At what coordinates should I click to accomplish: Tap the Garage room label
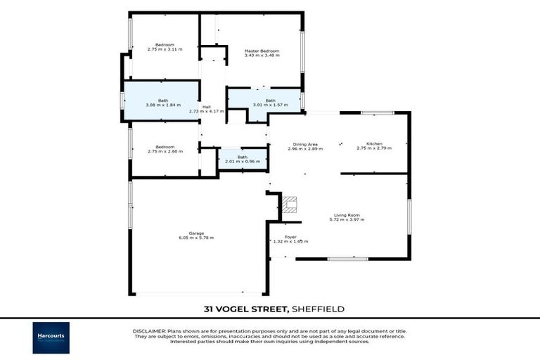(x=196, y=233)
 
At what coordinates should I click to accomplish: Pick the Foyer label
(x=290, y=237)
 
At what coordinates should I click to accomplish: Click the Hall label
(x=207, y=107)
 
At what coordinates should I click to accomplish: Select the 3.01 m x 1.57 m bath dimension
(x=270, y=105)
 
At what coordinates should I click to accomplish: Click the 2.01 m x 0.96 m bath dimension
(x=243, y=162)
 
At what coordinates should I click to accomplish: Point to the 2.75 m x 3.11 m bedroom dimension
(x=165, y=49)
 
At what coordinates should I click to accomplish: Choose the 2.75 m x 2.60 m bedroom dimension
(x=165, y=151)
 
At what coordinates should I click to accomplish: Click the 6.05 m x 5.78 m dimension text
(x=196, y=238)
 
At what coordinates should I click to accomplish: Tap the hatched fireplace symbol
(x=291, y=204)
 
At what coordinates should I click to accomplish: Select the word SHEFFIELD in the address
(x=316, y=309)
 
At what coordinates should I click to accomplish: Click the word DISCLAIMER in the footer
(x=148, y=330)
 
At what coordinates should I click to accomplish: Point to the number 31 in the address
(x=208, y=309)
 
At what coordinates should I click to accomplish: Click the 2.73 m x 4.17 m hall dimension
(x=207, y=111)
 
